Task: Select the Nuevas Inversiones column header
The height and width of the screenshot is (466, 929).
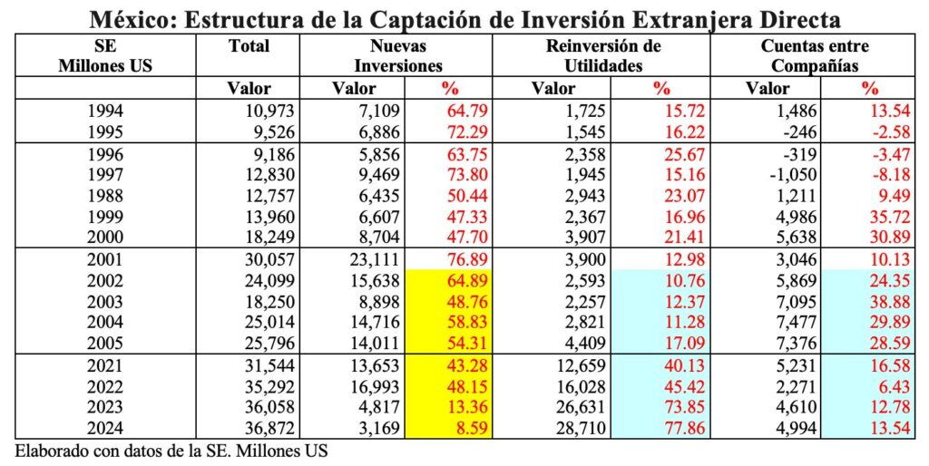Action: [399, 55]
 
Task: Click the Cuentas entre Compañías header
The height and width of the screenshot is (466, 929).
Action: [818, 55]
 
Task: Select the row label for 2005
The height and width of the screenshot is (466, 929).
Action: [108, 343]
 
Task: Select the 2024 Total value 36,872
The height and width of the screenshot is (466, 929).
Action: [269, 428]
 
